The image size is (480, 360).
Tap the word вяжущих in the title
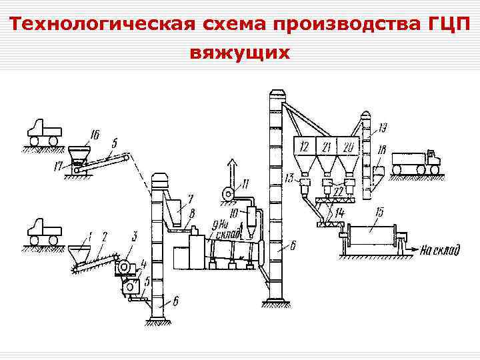pyautogui.click(x=240, y=52)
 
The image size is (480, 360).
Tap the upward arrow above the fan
pyautogui.click(x=231, y=167)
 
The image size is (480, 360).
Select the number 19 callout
pyautogui.click(x=385, y=127)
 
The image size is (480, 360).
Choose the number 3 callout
pyautogui.click(x=135, y=235)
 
